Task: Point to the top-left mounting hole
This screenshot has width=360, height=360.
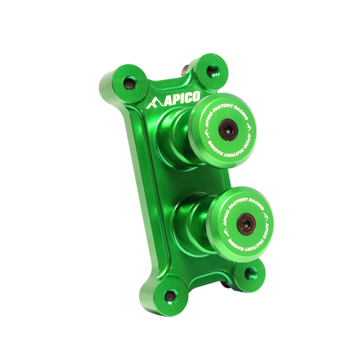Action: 130,84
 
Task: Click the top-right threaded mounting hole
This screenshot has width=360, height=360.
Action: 211,71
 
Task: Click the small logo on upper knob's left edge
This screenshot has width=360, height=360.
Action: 206,134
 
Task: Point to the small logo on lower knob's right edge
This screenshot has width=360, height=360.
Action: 266,218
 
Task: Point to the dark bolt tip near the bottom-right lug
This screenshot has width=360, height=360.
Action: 225,284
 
